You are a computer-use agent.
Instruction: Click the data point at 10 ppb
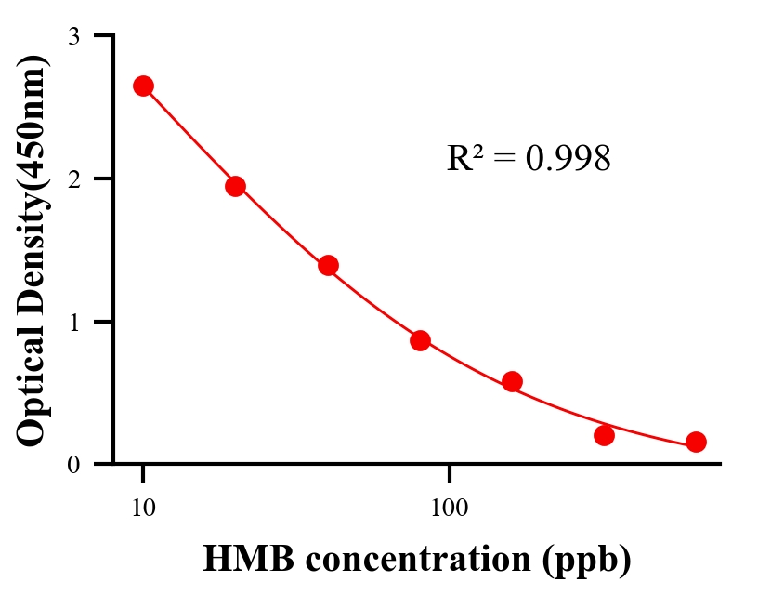(x=143, y=86)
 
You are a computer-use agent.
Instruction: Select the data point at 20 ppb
(x=235, y=186)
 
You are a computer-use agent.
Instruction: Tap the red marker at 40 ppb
(x=328, y=265)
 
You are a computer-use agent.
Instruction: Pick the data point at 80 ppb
(x=420, y=340)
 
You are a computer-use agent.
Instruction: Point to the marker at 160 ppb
(x=512, y=381)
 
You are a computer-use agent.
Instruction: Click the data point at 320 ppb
(x=604, y=435)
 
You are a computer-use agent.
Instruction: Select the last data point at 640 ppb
(x=696, y=442)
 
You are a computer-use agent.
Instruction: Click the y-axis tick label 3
(x=73, y=36)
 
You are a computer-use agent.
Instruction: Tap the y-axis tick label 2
(x=73, y=178)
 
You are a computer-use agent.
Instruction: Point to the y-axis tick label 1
(x=73, y=322)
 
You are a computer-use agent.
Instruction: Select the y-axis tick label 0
(x=73, y=464)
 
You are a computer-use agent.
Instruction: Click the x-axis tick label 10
(x=143, y=508)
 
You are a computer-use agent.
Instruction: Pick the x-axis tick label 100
(x=449, y=508)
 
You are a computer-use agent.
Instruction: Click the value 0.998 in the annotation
(x=568, y=159)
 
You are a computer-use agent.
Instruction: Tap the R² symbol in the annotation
(x=465, y=159)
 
